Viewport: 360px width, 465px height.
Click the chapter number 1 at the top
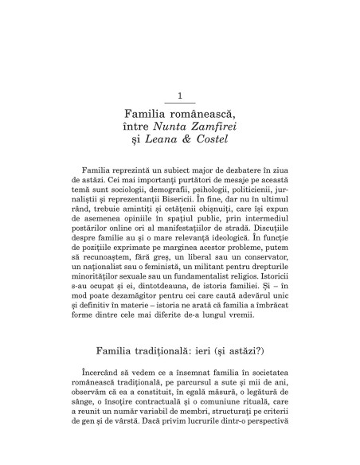[179, 96]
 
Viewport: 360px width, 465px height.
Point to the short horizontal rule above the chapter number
[179, 103]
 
